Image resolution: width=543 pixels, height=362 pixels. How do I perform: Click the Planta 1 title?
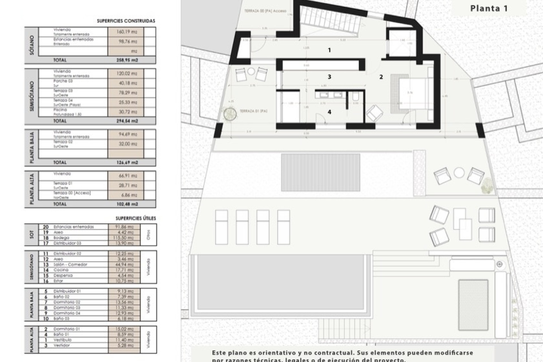coord(489,8)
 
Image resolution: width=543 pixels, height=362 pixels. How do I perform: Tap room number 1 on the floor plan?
coord(329,50)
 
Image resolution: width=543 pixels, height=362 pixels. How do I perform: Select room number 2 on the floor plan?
coord(381,77)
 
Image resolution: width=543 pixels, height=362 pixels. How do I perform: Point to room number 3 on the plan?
coord(329,77)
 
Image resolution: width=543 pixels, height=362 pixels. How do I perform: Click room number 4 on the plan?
coord(329,112)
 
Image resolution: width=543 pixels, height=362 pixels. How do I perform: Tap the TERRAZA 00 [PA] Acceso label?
coord(265,11)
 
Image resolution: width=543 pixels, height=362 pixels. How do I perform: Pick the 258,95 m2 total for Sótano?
coord(126,60)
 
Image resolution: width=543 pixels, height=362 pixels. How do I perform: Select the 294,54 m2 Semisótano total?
coord(126,121)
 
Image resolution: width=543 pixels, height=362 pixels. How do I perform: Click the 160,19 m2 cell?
coord(126,32)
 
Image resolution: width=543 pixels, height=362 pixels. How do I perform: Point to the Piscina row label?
coord(60,110)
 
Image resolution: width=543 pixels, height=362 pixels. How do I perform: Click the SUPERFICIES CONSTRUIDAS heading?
coord(126,21)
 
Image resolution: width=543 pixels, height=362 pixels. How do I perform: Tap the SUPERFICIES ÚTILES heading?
coord(135,218)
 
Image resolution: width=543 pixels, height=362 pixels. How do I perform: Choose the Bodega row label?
coord(61,238)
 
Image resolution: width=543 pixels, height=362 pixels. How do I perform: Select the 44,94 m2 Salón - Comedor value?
coord(124,264)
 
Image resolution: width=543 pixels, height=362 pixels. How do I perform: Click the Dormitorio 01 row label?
coord(64,329)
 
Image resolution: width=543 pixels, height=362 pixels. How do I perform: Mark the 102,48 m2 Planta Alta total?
coord(126,204)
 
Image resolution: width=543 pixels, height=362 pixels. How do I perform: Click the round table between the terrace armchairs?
coord(459,173)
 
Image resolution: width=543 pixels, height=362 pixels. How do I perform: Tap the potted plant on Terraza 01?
coord(230,114)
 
